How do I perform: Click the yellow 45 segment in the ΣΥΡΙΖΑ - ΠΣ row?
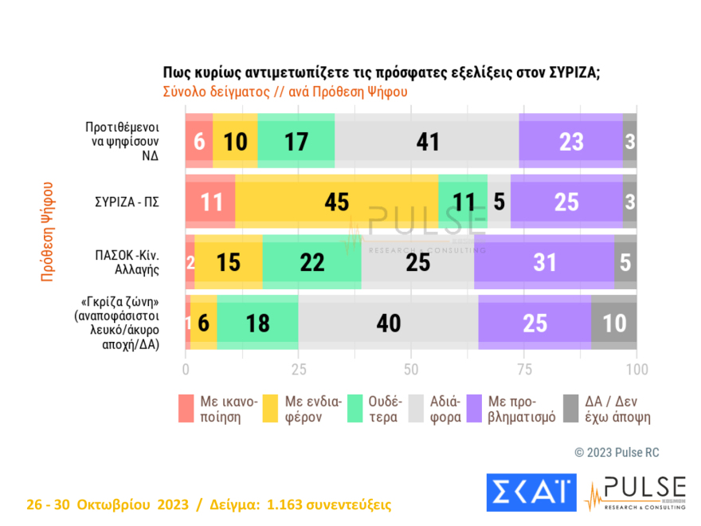pos(337,202)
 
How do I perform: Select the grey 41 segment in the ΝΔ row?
pos(428,141)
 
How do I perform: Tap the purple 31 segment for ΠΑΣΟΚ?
pos(544,262)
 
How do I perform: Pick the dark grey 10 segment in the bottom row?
pos(613,322)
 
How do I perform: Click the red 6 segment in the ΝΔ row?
pos(199,141)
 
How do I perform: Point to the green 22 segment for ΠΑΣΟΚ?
pos(311,262)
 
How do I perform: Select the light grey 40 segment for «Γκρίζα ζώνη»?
pos(388,322)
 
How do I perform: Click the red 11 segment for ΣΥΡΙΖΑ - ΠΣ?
pos(210,202)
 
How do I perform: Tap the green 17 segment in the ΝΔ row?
pos(296,141)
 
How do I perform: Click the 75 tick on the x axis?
pos(523,369)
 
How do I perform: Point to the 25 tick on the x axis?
pos(298,369)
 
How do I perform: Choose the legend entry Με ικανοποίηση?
pos(217,409)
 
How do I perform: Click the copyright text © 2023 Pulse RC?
pos(617,453)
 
